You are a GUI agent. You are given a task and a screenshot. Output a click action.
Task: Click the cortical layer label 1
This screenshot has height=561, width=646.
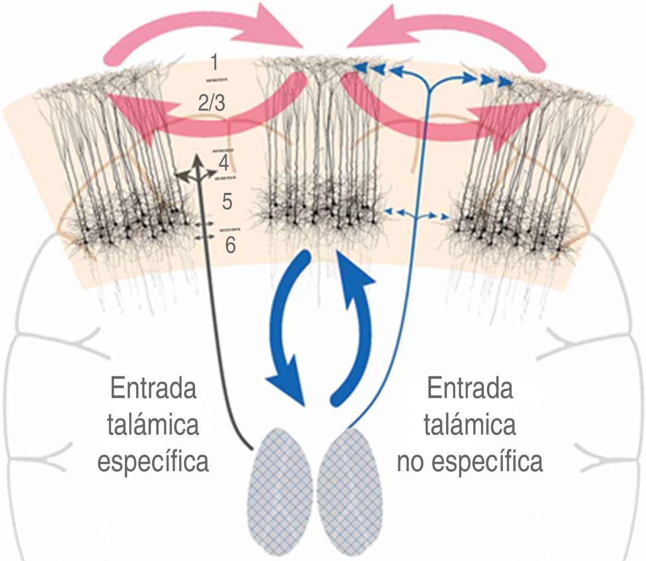(214, 62)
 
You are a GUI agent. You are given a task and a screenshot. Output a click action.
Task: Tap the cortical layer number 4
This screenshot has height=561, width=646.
(224, 163)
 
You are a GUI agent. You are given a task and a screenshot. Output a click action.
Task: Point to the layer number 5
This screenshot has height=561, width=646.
(227, 202)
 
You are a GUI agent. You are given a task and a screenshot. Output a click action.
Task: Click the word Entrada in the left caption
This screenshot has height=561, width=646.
(153, 390)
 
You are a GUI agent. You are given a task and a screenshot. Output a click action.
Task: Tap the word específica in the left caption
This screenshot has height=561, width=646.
(153, 461)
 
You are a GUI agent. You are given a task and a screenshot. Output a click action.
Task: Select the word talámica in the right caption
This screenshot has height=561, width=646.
(470, 425)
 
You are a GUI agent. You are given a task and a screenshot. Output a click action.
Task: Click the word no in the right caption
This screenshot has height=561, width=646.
(412, 461)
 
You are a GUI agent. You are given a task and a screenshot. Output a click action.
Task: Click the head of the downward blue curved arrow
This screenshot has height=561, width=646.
(289, 383)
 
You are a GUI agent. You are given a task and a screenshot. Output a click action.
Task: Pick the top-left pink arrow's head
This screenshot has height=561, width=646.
(274, 27)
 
